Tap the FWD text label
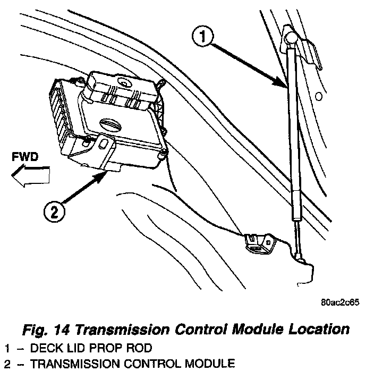pyautogui.click(x=25, y=157)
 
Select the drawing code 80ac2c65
pyautogui.click(x=340, y=304)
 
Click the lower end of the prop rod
pyautogui.click(x=300, y=257)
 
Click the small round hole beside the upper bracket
pyautogui.click(x=318, y=97)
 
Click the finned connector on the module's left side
pyautogui.click(x=62, y=120)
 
